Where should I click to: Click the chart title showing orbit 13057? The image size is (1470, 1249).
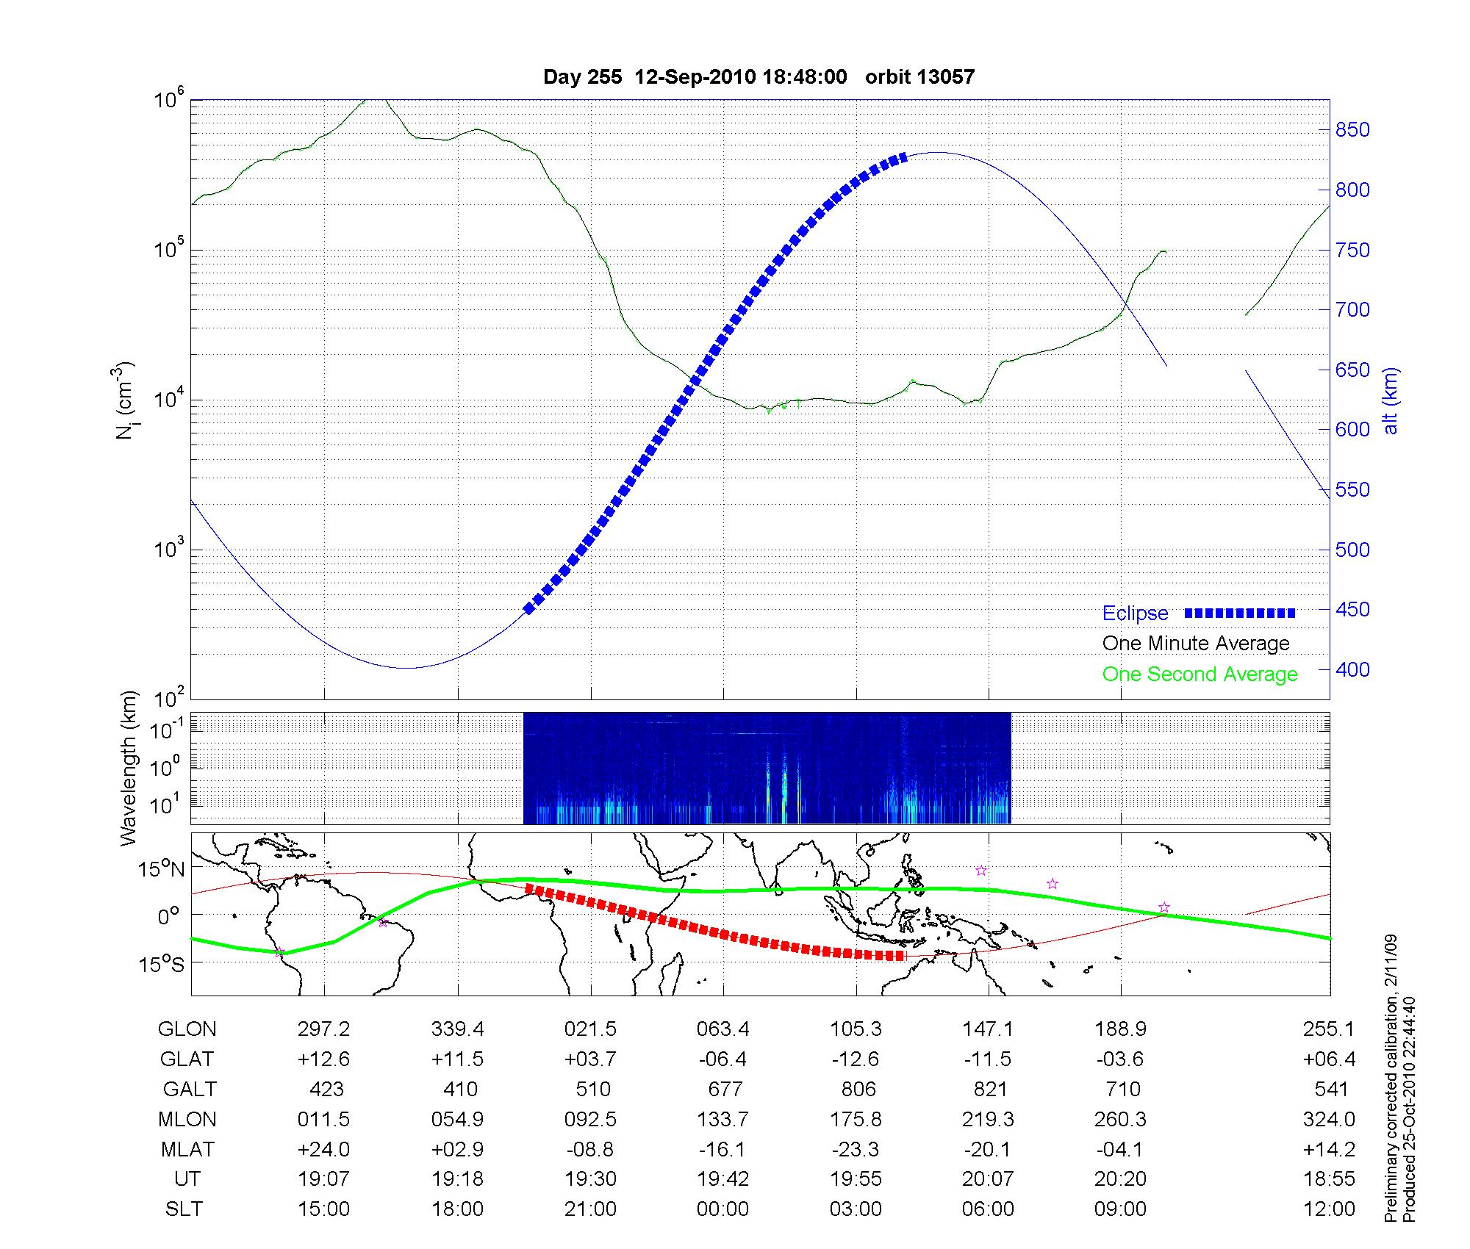point(759,77)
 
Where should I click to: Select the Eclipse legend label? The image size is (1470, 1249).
point(1135,613)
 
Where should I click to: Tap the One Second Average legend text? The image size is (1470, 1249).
point(1200,674)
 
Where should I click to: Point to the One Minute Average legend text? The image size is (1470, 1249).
point(1196,644)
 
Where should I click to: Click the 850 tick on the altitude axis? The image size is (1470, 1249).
point(1352,130)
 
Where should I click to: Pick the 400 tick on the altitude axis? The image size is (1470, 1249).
point(1352,669)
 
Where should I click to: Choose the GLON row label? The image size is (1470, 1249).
point(187,1029)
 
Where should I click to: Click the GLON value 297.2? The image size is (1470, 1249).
point(324,1029)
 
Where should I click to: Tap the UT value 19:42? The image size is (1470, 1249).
point(723,1178)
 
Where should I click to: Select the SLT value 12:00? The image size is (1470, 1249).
point(1329,1209)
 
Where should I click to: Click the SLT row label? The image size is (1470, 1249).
point(184,1209)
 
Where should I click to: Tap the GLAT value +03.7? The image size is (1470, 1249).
point(590,1059)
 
